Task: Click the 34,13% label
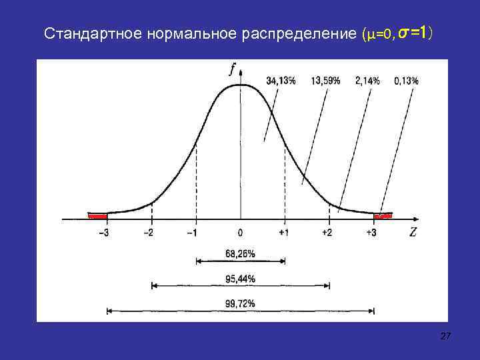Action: (x=281, y=81)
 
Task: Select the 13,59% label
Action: (x=325, y=81)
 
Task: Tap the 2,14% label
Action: (x=367, y=81)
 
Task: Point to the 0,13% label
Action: (x=406, y=81)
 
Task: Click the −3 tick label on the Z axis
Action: (x=105, y=232)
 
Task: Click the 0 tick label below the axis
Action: (x=240, y=232)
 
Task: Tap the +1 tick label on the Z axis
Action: (x=284, y=232)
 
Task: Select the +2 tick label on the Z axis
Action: (x=327, y=232)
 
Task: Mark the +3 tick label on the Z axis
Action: (x=372, y=232)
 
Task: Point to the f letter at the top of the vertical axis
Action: (x=231, y=68)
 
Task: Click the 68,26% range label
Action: (x=240, y=253)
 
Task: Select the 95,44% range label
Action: (x=240, y=277)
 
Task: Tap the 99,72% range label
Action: (x=240, y=303)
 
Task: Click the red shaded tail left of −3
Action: (x=98, y=215)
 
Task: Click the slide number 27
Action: (x=445, y=339)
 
